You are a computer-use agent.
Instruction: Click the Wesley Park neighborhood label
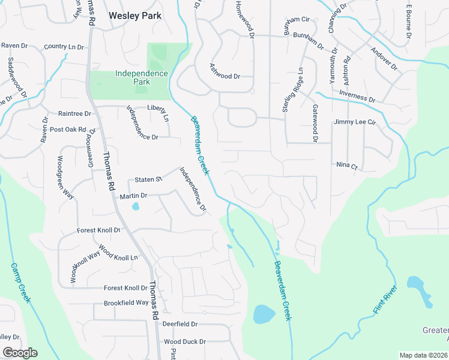pos(135,16)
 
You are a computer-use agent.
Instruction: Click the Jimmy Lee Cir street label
pos(354,122)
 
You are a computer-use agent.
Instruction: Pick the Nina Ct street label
pos(346,165)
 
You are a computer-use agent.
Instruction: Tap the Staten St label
pos(148,179)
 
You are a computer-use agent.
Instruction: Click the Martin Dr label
pos(133,196)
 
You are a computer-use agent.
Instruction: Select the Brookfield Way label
pos(126,303)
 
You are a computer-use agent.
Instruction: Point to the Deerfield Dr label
pos(179,324)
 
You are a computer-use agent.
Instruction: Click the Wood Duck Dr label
pos(185,341)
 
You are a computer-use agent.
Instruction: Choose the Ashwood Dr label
pos(224,76)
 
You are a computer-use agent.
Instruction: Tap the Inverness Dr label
pos(357,96)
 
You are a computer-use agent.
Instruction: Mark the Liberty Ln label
pos(158,108)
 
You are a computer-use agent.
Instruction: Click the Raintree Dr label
pos(74,113)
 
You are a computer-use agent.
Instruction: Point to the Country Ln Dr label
pos(64,47)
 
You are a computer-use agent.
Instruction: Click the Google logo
pos(20,353)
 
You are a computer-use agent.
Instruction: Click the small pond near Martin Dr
pos(135,207)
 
